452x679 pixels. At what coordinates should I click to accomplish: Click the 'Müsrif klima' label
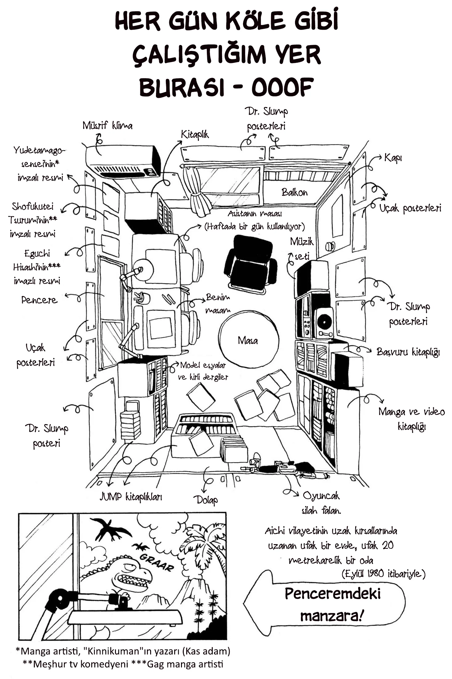pos(107,126)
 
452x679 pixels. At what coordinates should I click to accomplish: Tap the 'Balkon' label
pos(294,192)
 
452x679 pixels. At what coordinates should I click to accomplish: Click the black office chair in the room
pos(250,264)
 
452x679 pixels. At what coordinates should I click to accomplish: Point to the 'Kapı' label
pos(393,158)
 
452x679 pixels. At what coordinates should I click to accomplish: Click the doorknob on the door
pos(330,246)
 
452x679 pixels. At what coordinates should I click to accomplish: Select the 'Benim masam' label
pos(218,303)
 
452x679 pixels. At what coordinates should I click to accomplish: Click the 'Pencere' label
pos(39,300)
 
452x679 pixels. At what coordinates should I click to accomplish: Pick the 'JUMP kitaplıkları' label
pos(131,497)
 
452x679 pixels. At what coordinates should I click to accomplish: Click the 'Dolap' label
pos(206,500)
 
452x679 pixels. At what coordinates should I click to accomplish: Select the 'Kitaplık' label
pos(195,135)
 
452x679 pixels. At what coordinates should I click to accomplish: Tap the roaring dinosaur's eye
pos(130,566)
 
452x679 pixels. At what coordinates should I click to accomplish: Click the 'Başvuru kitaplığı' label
pos(408,352)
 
